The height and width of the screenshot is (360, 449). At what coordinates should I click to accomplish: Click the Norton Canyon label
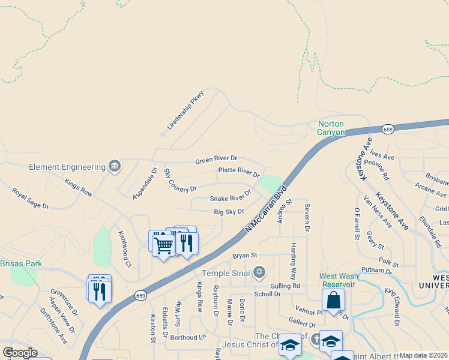[x=331, y=128]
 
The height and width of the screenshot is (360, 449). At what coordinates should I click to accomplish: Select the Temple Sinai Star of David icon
[x=259, y=273]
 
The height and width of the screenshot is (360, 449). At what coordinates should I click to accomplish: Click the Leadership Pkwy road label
[x=185, y=110]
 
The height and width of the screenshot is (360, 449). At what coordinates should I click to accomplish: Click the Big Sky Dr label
[x=229, y=212]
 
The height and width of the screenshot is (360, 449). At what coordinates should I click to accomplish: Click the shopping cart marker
[x=163, y=245]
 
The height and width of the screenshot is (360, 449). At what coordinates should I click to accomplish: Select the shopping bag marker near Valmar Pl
[x=333, y=299]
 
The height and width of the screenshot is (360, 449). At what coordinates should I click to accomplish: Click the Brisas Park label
[x=21, y=263]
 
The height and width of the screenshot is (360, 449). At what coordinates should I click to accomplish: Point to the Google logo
[x=20, y=352]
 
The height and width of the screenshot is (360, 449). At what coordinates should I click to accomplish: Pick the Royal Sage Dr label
[x=30, y=197]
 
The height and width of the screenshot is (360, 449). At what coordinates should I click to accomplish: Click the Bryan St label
[x=244, y=256]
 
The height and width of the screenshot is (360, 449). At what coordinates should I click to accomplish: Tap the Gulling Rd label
[x=285, y=286]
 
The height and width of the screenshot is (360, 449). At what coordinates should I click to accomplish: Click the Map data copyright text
[x=423, y=355]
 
